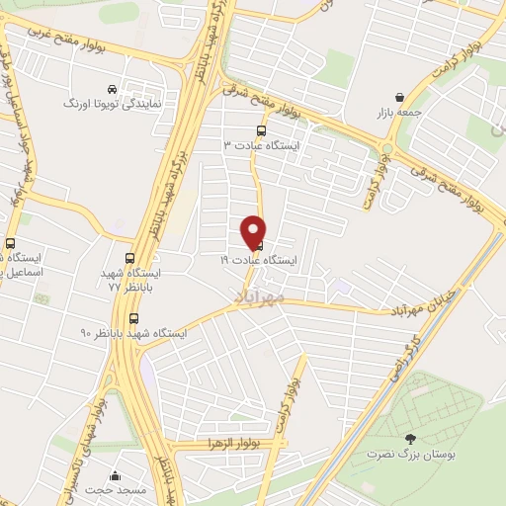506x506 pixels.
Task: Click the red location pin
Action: pyautogui.click(x=254, y=231)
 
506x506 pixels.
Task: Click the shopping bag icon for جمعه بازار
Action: pyautogui.click(x=398, y=97)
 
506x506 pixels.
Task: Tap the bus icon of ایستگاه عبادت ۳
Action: pyautogui.click(x=261, y=129)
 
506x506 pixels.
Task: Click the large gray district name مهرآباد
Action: pyautogui.click(x=261, y=296)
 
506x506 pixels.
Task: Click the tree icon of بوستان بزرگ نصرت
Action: pyautogui.click(x=411, y=438)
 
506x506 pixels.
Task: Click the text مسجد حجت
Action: pyautogui.click(x=116, y=490)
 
